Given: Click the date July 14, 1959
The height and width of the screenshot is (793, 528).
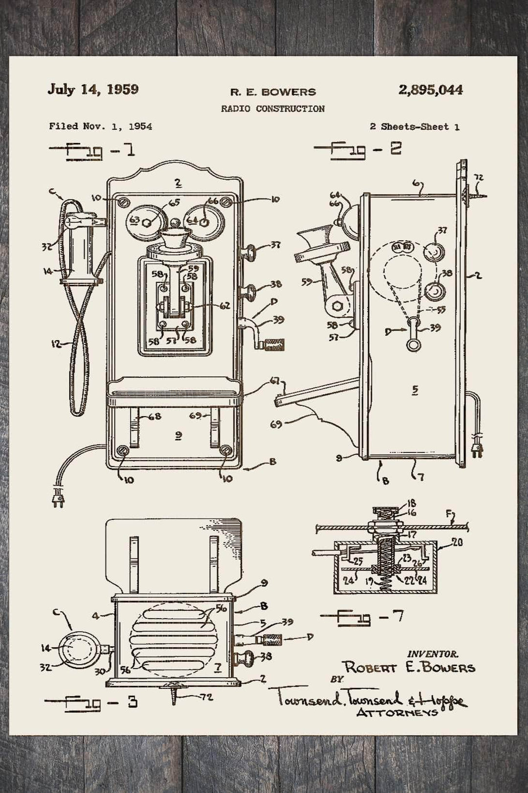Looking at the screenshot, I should tap(93, 90).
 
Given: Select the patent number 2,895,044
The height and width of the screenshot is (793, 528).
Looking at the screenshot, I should tap(430, 90).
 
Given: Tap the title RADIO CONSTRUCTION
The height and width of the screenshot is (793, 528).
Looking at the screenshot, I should tap(272, 109).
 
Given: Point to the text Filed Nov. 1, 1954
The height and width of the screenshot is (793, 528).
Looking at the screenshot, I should tap(100, 126).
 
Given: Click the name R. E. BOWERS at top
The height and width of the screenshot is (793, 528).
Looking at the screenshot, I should tap(273, 92).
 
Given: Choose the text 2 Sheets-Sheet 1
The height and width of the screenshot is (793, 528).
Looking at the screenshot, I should tap(414, 127).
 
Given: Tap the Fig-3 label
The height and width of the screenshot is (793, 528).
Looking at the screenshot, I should tap(91, 703).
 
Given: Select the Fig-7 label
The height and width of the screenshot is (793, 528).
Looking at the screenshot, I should tap(362, 617).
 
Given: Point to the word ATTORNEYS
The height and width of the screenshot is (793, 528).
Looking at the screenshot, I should tap(397, 713).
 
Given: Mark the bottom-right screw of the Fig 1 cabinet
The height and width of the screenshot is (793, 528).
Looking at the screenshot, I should tap(226, 450).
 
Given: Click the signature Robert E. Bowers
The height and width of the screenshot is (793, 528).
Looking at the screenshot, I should tap(409, 668).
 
